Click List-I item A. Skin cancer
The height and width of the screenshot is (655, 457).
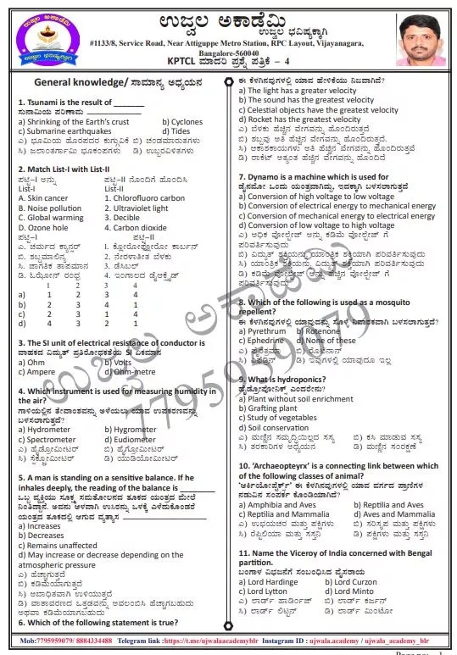(43, 198)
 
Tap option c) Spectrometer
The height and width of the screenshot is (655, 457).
(51, 440)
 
